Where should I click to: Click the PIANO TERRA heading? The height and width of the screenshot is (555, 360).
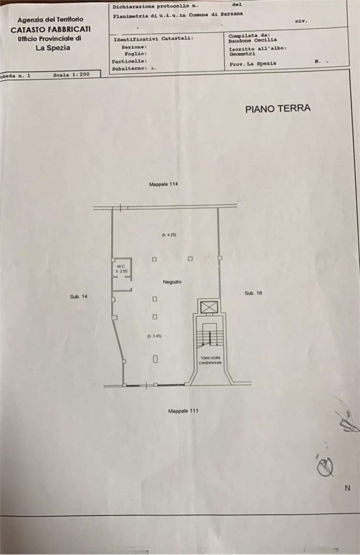[x=278, y=108]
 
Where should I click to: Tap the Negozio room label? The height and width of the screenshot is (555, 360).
[x=172, y=282]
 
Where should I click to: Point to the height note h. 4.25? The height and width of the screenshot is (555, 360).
[x=169, y=235]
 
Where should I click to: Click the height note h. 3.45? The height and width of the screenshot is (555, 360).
[x=155, y=336]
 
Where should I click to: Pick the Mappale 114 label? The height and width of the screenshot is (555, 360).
[x=163, y=184]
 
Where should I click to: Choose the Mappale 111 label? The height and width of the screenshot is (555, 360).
[x=183, y=411]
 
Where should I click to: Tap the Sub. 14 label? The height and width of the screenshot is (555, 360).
[x=79, y=296]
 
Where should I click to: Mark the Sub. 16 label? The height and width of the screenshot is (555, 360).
[x=253, y=293]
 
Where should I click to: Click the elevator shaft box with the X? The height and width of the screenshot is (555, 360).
[x=208, y=307]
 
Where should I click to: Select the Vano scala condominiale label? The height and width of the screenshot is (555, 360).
[x=209, y=360]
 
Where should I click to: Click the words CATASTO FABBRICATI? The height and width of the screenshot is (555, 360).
[x=50, y=30]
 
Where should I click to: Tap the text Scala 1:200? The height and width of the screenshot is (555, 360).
[x=71, y=75]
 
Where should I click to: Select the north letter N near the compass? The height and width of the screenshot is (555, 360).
[x=347, y=488]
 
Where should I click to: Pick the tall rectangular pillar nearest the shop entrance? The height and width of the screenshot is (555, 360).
[x=155, y=359]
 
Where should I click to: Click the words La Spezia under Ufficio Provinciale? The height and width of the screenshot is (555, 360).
[x=53, y=48]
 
